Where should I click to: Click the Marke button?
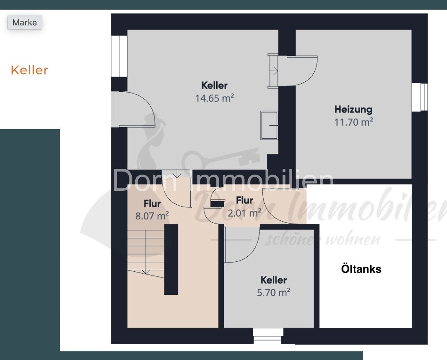coord(25,22)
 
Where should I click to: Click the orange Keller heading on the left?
coord(29,70)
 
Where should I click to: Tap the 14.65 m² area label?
coord(214,98)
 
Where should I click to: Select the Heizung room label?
coord(353,109)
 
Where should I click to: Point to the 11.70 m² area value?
coord(353,122)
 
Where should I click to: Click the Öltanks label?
coord(361,269)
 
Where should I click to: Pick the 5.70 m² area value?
coord(273,293)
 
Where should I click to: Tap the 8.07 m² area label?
coord(152,216)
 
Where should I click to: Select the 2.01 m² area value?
coord(244,213)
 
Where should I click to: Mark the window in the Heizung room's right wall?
coord(420,97)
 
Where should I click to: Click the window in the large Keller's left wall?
coord(119,56)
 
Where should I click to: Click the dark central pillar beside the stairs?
coord(171,259)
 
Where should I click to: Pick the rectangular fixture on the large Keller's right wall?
coord(269,125)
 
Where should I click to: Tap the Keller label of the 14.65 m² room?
coord(214,85)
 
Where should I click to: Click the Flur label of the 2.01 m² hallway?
coord(244,200)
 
